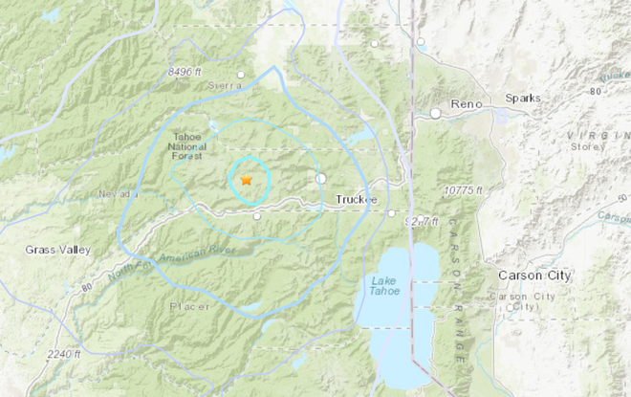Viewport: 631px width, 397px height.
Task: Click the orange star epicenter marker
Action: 246,179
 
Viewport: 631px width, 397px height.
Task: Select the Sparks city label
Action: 525,99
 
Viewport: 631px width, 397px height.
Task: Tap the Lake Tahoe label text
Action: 387,286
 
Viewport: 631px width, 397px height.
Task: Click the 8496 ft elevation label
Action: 186,72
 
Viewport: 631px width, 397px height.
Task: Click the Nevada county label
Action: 118,194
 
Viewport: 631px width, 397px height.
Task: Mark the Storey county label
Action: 591,146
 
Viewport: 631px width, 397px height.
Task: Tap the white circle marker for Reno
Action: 435,113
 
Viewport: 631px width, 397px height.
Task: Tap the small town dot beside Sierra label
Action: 242,74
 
